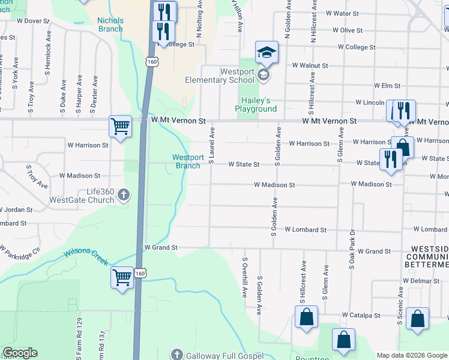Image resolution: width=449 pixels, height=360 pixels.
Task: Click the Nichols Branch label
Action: (110, 25)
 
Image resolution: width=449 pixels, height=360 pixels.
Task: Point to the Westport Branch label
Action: (186, 161)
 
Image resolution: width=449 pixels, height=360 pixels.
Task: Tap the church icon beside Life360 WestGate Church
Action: (124, 194)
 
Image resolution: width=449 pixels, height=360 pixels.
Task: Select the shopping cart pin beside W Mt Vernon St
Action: (121, 127)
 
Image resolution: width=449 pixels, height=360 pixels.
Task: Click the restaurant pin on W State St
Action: (390, 159)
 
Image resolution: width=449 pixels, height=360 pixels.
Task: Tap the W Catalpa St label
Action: (361, 315)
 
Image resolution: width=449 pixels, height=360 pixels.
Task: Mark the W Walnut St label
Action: (310, 65)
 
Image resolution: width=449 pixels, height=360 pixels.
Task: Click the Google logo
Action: (20, 353)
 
